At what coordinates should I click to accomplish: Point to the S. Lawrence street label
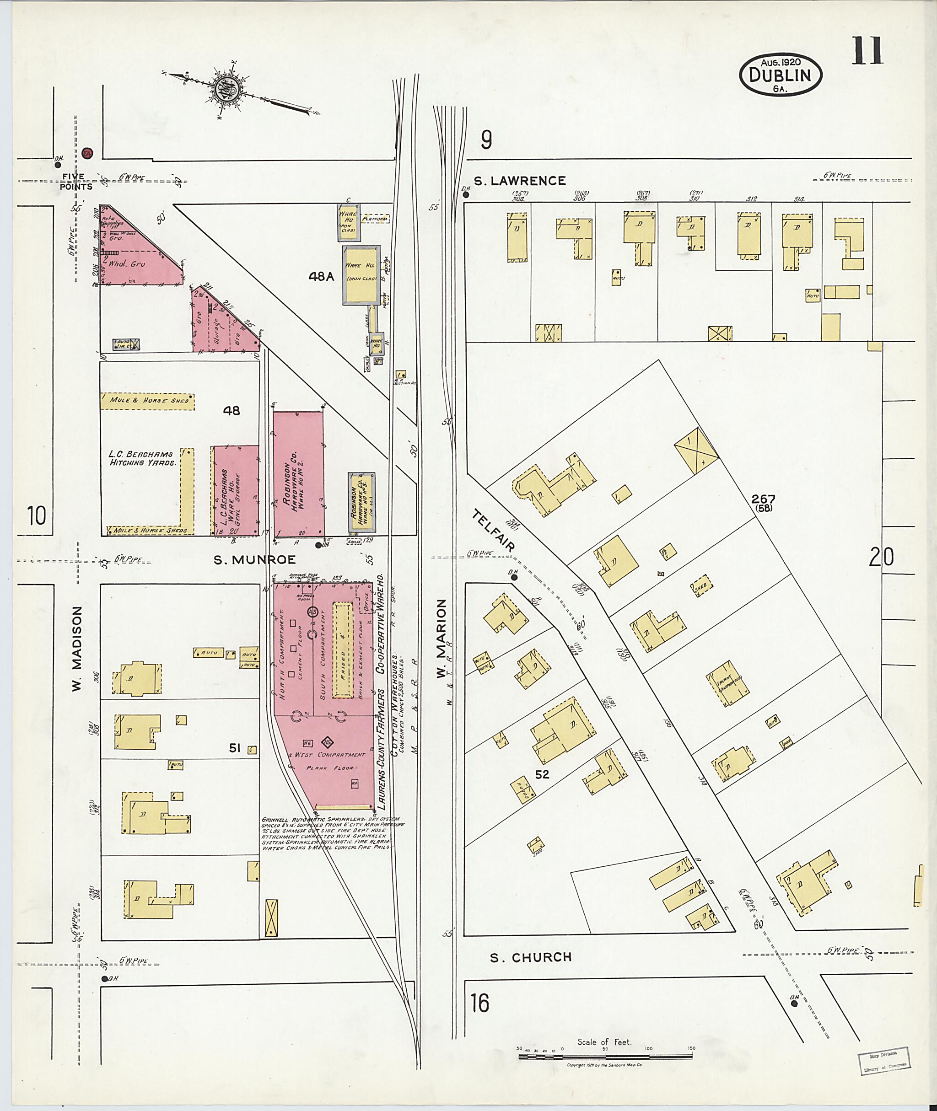tap(519, 181)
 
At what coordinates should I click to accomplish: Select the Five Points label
tap(76, 182)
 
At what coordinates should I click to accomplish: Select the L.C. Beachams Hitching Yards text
tap(142, 458)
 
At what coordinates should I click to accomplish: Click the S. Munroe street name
tap(254, 560)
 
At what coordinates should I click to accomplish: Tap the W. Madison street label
tap(78, 649)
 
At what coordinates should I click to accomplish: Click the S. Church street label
tap(530, 957)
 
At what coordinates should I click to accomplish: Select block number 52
tap(541, 775)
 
